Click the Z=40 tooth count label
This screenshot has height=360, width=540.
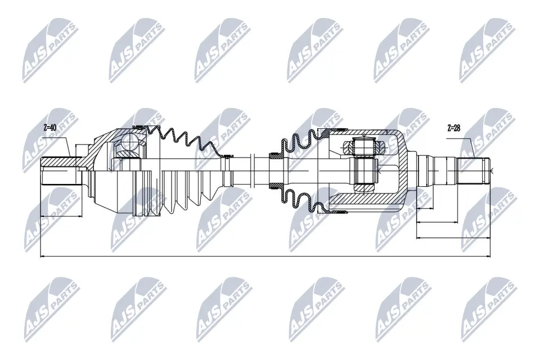pyautogui.click(x=49, y=128)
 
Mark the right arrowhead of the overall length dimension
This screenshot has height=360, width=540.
pyautogui.click(x=488, y=257)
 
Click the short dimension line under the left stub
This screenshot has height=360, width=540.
pyautogui.click(x=62, y=215)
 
